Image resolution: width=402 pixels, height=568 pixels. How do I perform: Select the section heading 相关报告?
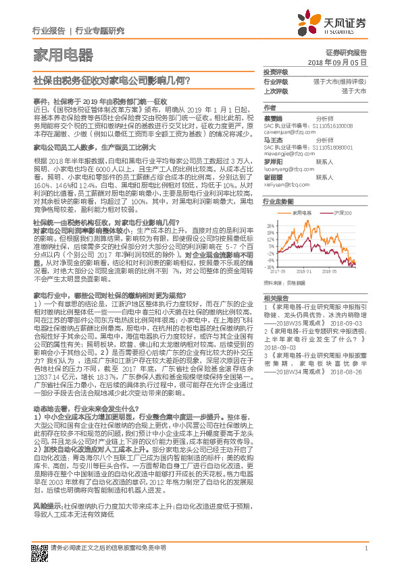tap(272, 297)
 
